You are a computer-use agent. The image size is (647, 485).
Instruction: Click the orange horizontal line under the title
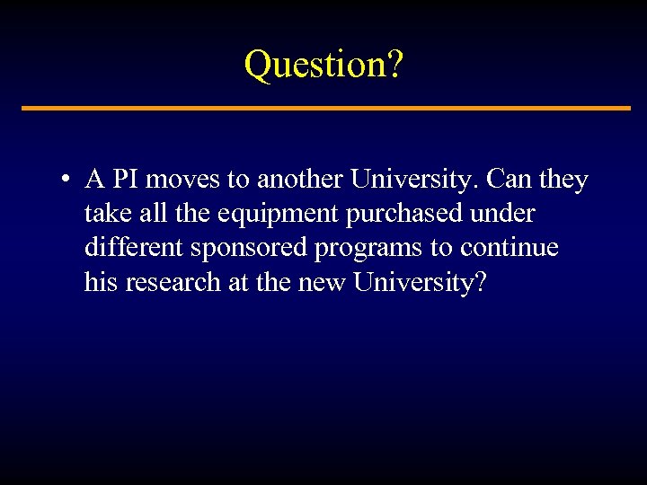(x=325, y=109)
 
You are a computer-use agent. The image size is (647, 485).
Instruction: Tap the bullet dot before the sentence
(x=66, y=180)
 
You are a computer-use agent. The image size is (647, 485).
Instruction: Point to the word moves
(x=183, y=180)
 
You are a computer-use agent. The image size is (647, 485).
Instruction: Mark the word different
(x=132, y=248)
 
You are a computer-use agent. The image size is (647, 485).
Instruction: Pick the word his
(x=101, y=282)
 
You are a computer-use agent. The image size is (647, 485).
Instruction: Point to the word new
(x=318, y=282)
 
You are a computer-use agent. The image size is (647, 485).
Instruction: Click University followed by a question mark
(x=420, y=282)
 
